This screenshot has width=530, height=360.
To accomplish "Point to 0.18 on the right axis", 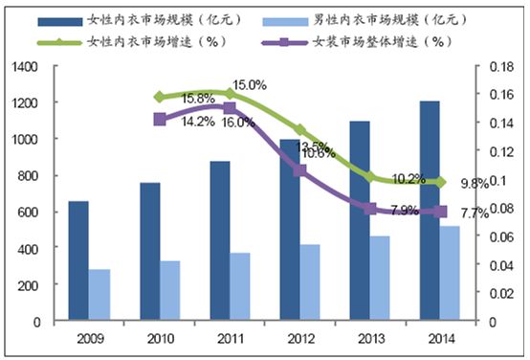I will point(501,66).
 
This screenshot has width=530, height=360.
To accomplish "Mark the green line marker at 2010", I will point(158,97).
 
